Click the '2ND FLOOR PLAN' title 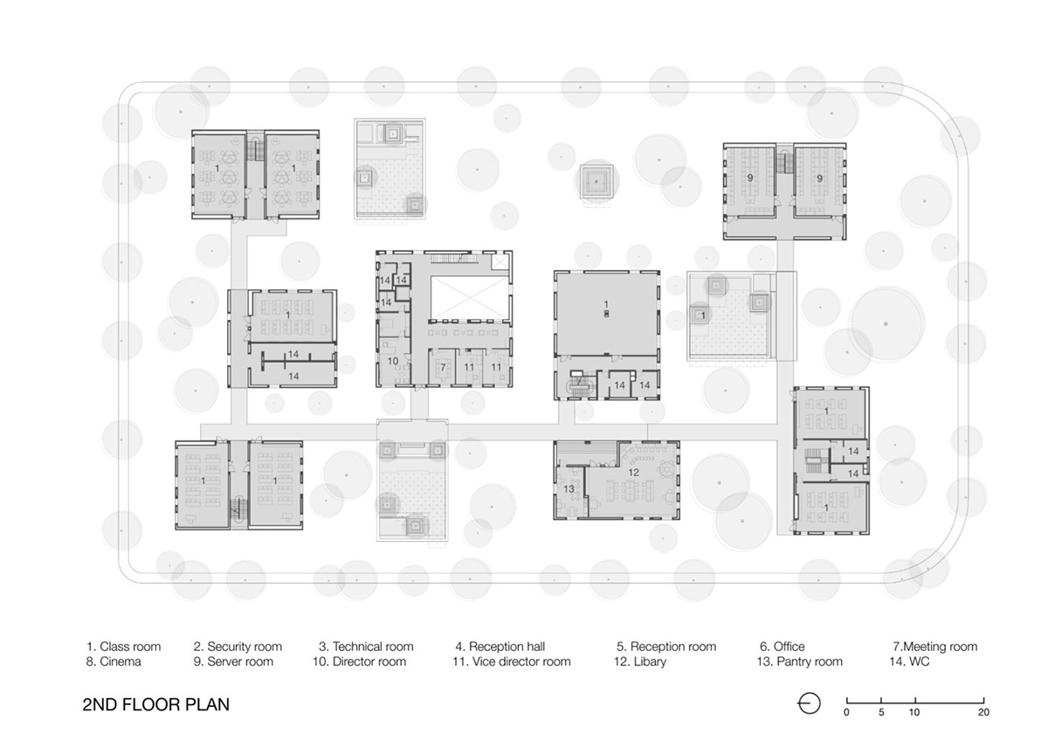coord(155,704)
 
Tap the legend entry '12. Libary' coord(639,661)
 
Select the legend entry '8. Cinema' coord(114,661)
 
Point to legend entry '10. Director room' coord(359,661)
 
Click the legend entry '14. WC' coord(909,661)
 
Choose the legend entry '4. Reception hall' coord(500,647)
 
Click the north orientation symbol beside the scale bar coord(809,703)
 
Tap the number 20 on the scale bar coord(983,712)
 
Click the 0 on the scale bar coord(846,712)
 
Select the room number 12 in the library coord(633,473)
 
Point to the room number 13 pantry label coord(569,489)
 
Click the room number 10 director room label coord(392,361)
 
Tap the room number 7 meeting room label coord(443,368)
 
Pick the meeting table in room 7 coord(443,368)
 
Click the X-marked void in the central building coord(470,298)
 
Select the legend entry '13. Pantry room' coord(799,661)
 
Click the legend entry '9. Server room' coord(233,661)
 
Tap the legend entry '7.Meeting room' coord(934,647)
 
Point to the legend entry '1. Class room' coord(123,647)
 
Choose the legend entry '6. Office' coord(783,647)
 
